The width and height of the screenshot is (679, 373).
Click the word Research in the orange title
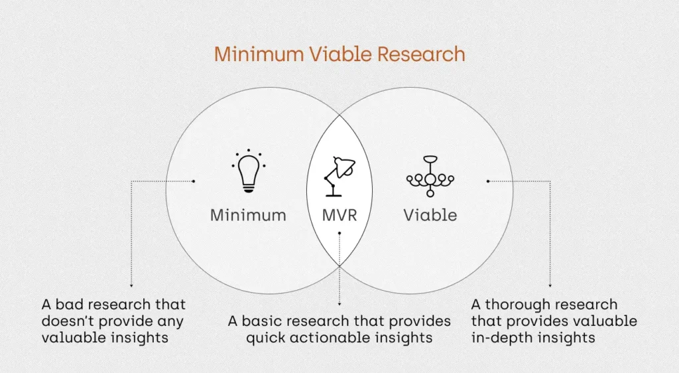coord(421,54)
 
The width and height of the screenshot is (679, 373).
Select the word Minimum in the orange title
coord(259,54)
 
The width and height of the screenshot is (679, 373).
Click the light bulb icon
coord(249,171)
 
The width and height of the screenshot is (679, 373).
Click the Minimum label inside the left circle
coord(248,215)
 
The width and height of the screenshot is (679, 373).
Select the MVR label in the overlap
coord(339,215)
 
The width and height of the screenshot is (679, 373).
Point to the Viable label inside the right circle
coord(430,215)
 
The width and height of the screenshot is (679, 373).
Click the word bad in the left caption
coord(68,305)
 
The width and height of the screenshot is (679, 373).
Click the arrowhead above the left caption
coord(131,285)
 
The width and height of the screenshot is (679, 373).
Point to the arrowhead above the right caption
coord(550,285)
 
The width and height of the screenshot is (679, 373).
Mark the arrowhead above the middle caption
coord(339,304)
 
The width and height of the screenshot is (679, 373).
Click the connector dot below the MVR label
coord(339,233)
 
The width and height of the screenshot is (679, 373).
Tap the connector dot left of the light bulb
coord(194,181)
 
